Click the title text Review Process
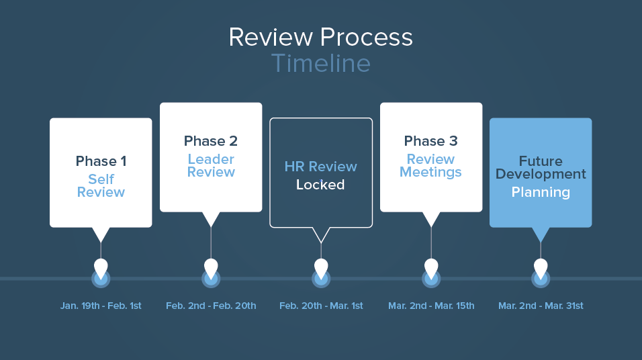click(320, 37)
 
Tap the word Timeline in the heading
click(320, 64)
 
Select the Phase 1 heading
click(101, 161)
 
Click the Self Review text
click(101, 185)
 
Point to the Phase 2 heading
click(211, 141)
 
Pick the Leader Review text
click(211, 165)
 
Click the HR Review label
click(321, 167)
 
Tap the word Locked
click(321, 185)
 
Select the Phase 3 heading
click(431, 141)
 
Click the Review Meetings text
click(431, 165)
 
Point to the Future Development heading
click(541, 167)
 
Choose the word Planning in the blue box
click(541, 192)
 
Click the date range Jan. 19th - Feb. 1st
click(101, 306)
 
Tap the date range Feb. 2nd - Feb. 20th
click(211, 306)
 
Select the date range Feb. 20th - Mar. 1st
click(321, 306)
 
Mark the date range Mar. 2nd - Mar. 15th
click(431, 306)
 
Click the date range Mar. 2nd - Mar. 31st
click(541, 306)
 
